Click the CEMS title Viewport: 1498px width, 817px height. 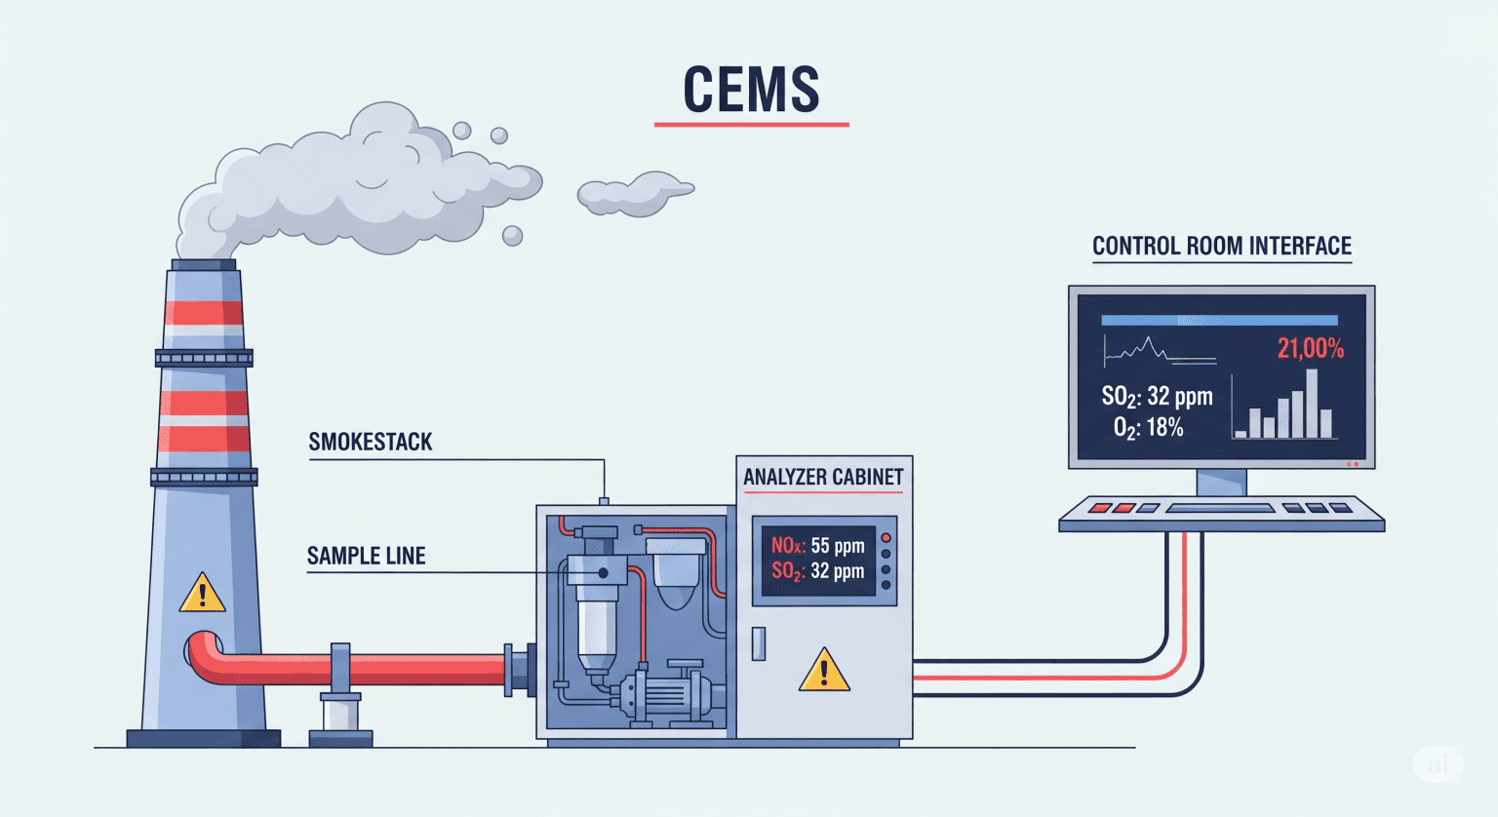[751, 90]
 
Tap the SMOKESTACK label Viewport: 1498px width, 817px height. [371, 442]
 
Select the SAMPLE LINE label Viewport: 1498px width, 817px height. [367, 556]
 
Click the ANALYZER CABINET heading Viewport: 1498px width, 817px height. [823, 477]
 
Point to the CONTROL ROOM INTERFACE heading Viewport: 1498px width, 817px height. [1221, 246]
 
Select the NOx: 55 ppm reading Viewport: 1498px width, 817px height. [817, 546]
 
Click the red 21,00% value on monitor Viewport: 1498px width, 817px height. [1310, 348]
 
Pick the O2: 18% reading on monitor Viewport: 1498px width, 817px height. [1148, 427]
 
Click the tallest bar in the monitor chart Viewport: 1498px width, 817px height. [1312, 404]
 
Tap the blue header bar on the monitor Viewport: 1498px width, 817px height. [1219, 320]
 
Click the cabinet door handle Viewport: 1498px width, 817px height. [758, 644]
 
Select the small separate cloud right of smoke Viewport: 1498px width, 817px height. [634, 193]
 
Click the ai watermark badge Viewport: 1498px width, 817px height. [1439, 764]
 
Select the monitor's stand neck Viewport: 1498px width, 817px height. [1221, 482]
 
